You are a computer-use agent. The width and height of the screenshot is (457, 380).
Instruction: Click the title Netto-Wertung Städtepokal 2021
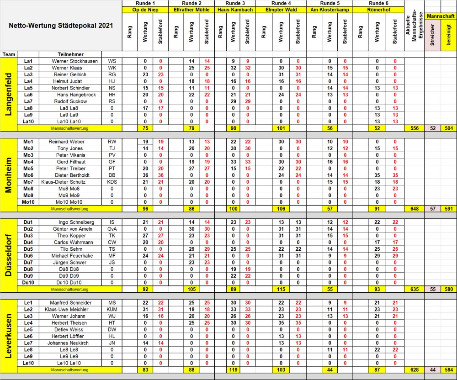pos(61,26)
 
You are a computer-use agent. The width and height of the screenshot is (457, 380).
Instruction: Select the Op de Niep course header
pos(145,9)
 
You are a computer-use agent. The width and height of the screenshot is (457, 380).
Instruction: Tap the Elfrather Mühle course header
pos(192,9)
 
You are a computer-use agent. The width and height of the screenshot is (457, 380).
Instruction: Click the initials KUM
pos(112,310)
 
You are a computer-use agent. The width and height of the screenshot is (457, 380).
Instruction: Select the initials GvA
pos(112,229)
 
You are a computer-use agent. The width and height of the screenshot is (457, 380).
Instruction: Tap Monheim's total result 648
pos(414,209)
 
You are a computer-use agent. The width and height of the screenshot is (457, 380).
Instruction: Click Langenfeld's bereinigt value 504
pos(448,128)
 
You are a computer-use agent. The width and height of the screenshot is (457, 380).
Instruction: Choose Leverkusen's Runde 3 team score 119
pos(234,369)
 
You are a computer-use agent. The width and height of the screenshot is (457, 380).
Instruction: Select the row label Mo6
pos(28,175)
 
